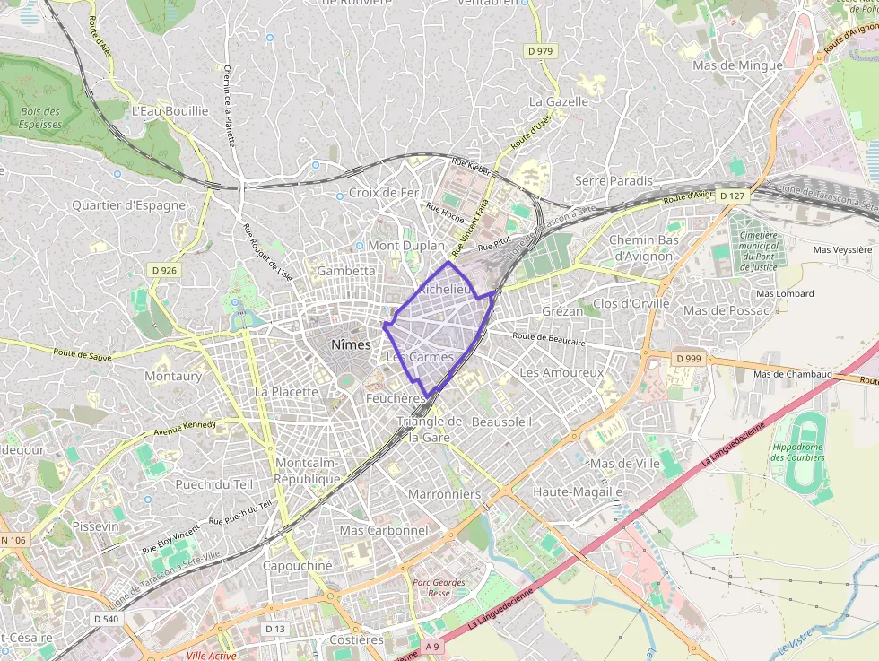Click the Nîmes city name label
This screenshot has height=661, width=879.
click(x=351, y=344)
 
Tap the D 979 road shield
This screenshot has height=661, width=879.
click(x=540, y=51)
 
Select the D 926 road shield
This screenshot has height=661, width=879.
click(x=164, y=269)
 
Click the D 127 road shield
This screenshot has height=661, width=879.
click(x=732, y=196)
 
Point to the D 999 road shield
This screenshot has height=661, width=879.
click(x=688, y=358)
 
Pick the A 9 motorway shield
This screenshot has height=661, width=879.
click(x=433, y=647)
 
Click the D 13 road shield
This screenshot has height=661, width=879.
click(x=275, y=629)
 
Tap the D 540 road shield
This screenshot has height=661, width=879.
click(x=106, y=619)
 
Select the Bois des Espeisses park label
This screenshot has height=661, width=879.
click(x=39, y=117)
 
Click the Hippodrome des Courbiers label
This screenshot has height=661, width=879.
click(x=797, y=452)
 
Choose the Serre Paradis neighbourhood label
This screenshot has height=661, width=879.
click(x=614, y=180)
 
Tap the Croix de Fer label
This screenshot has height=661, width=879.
click(x=384, y=192)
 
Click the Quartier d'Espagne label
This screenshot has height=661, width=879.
click(x=129, y=204)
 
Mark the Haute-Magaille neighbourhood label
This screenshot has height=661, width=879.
click(x=577, y=491)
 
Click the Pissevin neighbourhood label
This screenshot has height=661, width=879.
click(x=95, y=526)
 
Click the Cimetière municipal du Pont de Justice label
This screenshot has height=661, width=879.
click(x=759, y=251)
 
